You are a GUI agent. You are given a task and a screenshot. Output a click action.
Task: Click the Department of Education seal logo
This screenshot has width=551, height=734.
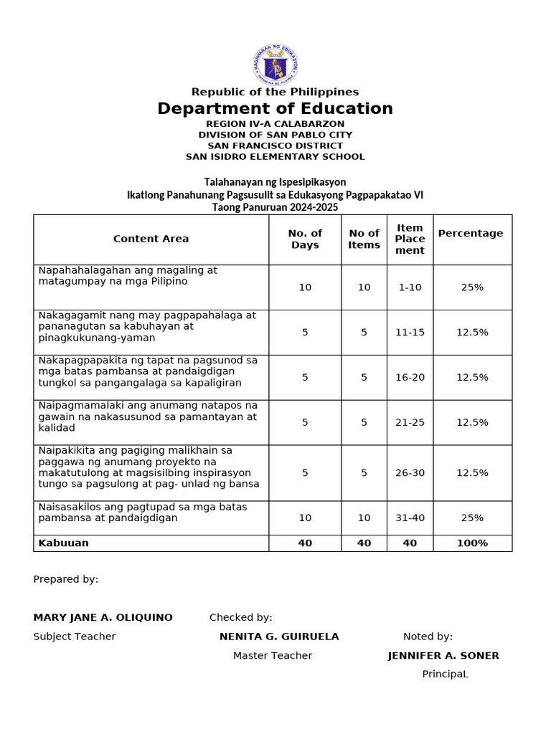(x=275, y=65)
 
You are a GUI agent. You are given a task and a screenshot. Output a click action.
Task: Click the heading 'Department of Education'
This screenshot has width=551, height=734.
(x=275, y=109)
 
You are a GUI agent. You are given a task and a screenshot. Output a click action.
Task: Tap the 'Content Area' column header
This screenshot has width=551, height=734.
(x=151, y=239)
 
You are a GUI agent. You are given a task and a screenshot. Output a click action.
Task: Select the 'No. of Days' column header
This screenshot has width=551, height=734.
(x=305, y=239)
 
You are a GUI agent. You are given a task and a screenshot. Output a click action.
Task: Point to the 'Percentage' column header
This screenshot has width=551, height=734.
(x=471, y=234)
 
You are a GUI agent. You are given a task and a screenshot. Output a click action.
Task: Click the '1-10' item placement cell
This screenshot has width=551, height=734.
(x=410, y=287)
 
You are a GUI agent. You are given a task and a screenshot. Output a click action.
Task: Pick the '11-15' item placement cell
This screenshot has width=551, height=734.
(x=410, y=333)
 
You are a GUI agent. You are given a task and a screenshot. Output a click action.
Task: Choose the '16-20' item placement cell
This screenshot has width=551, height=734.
(x=410, y=377)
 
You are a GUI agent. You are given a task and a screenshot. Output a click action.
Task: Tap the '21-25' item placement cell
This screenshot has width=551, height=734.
(x=410, y=422)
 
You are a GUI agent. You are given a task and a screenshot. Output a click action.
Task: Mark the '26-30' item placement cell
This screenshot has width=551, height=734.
(x=410, y=472)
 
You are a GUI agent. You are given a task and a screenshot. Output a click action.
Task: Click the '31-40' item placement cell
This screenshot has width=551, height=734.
(x=410, y=518)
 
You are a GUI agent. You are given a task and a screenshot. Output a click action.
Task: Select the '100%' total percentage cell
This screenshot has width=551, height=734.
(x=472, y=543)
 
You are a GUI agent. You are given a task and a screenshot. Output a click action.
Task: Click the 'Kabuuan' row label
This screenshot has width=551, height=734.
(x=64, y=543)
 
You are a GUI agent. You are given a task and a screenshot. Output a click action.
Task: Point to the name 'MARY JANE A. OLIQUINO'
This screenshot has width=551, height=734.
(x=103, y=618)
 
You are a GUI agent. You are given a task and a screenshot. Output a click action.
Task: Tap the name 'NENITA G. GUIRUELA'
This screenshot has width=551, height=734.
(x=279, y=637)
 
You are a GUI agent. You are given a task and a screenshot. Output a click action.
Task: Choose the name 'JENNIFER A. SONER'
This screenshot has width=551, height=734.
(x=443, y=656)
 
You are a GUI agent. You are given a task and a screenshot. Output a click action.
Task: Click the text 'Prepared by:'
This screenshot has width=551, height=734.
(x=66, y=580)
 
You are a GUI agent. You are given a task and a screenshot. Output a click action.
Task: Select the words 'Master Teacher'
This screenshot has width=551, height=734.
(x=273, y=656)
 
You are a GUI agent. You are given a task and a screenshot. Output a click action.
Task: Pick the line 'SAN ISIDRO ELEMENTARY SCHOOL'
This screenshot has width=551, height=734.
(x=275, y=157)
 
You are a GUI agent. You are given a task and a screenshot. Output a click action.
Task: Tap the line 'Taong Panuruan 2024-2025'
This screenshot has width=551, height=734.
(x=275, y=207)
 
